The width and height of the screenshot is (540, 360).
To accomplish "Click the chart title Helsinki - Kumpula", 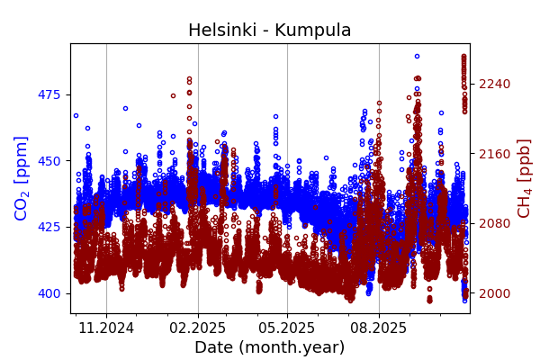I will click(x=269, y=30).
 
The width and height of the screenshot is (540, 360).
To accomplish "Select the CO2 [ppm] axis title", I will click(x=22, y=178).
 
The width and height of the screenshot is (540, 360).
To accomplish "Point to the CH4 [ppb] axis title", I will click(x=524, y=178).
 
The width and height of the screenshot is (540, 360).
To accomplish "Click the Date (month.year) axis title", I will click(x=269, y=347).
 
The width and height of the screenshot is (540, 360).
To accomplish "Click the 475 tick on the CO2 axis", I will click(x=49, y=94).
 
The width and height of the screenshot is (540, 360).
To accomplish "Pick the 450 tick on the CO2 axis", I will click(x=49, y=161).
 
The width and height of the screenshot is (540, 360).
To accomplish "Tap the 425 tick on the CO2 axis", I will click(x=49, y=227).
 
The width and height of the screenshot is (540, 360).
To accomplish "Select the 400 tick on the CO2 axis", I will click(x=49, y=293).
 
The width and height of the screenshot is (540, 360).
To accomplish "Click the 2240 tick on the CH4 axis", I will click(x=494, y=84).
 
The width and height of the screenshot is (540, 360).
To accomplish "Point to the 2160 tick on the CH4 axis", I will click(x=494, y=154).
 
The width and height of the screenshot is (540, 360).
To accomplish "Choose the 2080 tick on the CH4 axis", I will click(x=494, y=223).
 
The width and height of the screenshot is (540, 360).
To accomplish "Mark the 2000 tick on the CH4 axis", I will click(x=494, y=293).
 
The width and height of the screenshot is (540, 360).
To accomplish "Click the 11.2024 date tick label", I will click(x=106, y=328).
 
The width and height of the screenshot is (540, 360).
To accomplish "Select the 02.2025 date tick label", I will click(x=198, y=328).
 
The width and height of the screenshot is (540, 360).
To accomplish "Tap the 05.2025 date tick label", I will click(x=287, y=328).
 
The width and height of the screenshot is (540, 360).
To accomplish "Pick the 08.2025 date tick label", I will click(x=379, y=328).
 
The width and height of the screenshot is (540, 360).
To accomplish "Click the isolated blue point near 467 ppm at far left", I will click(x=76, y=115).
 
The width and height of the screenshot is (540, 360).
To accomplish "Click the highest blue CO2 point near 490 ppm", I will click(x=417, y=56).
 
